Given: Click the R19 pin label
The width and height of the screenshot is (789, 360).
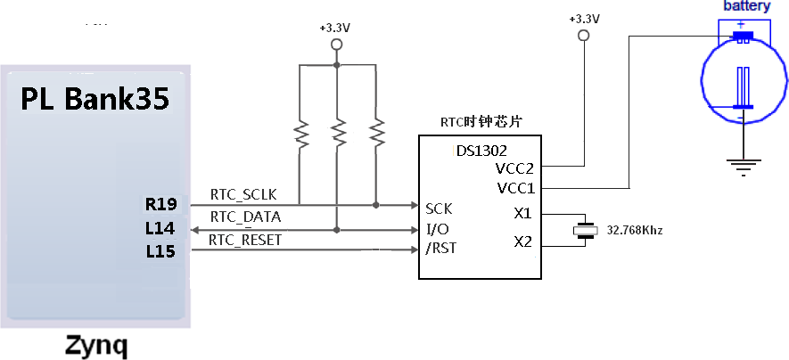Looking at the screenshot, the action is pos(160,205).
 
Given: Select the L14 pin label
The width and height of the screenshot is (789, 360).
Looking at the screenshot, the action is pos(160,229).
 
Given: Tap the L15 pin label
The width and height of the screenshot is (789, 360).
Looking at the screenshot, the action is pos(160,250).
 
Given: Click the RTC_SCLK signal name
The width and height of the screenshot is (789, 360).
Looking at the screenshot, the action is pos(243,194).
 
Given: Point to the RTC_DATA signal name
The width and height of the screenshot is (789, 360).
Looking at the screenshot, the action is pos(245,217).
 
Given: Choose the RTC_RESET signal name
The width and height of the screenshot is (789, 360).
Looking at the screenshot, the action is pos(245,241).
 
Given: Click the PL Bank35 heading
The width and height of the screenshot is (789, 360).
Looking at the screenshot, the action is pos(95,99).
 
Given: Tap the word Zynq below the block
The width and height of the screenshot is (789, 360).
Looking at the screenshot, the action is pos(96,348).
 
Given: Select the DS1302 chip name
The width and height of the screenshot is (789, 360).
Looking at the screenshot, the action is pos(481,151).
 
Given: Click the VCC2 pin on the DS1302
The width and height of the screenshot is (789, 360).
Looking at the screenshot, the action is pos(514,168).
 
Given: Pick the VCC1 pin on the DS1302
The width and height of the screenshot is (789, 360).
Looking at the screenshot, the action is pos(516,189).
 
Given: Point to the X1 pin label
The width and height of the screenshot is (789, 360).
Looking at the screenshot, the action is pos(522,214).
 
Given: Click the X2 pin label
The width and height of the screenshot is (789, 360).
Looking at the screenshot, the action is pos(522,242).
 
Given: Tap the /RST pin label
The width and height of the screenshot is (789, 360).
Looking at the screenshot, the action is pos(441,248).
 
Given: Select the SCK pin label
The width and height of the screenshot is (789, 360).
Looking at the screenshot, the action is pos(439,209).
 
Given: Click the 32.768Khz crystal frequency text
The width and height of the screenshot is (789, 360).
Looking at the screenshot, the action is pos(635,231).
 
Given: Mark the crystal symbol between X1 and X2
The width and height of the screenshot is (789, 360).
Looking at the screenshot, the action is pos(585,230).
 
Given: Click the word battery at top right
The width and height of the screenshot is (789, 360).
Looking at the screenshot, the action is pos(747,6).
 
